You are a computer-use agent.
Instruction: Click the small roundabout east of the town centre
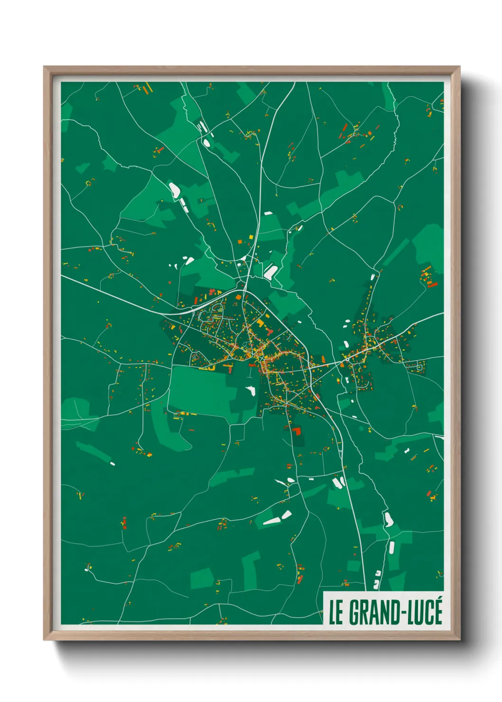347,360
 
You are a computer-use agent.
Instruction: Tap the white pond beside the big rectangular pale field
250,391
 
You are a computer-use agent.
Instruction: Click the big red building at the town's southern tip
297,431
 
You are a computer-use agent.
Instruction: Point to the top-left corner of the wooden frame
45,67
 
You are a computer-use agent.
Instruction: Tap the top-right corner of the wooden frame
459,67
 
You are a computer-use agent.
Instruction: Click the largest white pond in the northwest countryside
174,190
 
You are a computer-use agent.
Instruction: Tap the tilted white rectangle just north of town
270,272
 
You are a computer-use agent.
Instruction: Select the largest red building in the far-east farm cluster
432,284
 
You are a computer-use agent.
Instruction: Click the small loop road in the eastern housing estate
419,365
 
